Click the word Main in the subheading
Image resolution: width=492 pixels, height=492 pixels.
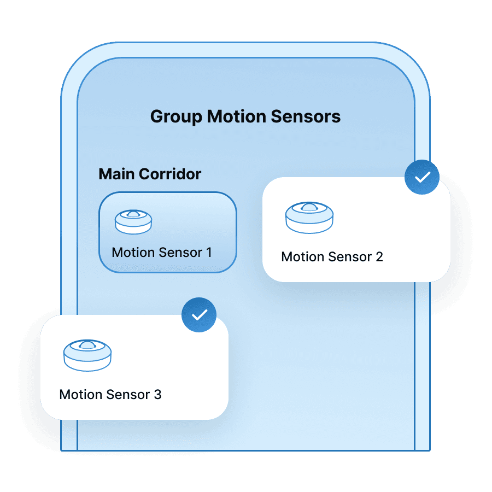click(116, 174)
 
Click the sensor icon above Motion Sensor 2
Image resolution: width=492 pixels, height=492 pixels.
click(309, 217)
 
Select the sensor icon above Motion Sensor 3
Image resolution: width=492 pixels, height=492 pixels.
click(87, 355)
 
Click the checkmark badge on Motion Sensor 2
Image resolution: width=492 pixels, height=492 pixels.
click(421, 177)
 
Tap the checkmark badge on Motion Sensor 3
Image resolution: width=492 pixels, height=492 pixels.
click(199, 315)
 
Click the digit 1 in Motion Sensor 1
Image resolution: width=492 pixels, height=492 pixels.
click(208, 253)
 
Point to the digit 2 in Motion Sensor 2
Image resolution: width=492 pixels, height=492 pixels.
click(379, 256)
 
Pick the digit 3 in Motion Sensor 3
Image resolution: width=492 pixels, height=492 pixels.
click(157, 394)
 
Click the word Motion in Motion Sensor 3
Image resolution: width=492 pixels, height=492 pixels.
click(81, 394)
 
